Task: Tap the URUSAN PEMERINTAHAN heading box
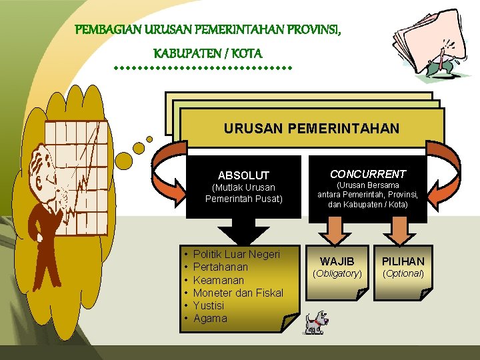point(311,128)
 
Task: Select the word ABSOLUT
point(243,175)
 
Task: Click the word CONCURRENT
point(367,174)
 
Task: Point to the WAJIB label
point(337,261)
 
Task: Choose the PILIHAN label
point(403,261)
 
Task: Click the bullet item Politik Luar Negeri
point(236,255)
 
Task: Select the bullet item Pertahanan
point(220,267)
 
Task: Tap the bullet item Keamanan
point(218,280)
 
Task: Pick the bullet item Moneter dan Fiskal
point(237,293)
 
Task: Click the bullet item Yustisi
point(208,305)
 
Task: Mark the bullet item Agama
point(210,318)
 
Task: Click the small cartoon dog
point(316,322)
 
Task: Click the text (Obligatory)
point(337,273)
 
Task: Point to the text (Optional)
point(403,273)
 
